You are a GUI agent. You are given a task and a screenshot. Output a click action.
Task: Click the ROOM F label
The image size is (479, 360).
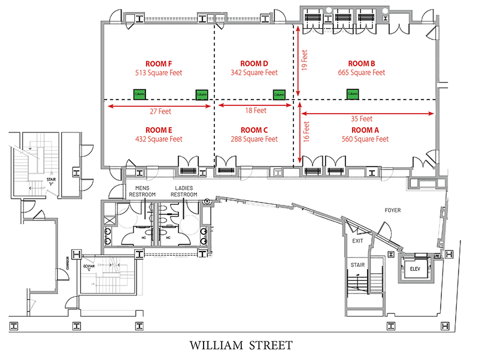[158, 63]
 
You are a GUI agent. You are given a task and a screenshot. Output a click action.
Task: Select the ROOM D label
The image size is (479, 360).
[254, 63]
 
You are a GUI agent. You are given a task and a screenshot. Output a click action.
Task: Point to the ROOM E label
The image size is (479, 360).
[158, 130]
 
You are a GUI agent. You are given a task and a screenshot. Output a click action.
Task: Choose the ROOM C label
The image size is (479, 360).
[254, 130]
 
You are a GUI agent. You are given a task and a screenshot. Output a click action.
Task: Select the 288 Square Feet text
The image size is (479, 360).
[254, 140]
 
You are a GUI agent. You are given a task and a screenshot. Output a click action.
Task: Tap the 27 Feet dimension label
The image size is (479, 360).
[159, 111]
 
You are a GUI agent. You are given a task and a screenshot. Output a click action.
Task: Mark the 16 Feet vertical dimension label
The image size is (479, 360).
[305, 132]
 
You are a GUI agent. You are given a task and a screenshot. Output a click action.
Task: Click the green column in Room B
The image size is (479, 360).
[352, 93]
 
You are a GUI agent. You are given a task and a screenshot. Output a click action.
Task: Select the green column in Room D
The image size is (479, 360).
[278, 94]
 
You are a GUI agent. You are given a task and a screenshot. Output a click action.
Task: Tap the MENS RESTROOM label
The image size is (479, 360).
[142, 191]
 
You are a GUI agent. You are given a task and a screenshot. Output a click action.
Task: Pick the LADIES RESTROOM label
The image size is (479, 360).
[184, 191]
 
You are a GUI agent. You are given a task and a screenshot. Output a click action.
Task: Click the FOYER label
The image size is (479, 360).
[393, 210]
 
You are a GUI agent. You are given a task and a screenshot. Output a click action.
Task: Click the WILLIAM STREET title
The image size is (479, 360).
[241, 345]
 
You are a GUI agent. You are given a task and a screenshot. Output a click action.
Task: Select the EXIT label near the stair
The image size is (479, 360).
[357, 241]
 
